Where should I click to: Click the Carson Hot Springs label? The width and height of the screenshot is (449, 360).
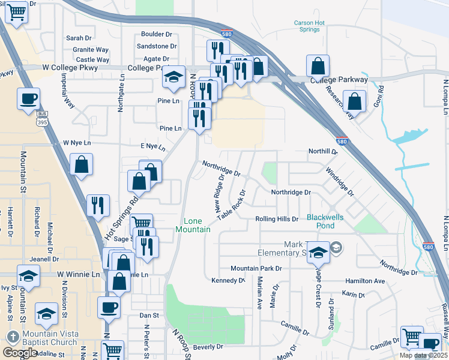[x=309, y=26]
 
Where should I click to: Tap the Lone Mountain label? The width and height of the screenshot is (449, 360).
[x=193, y=225]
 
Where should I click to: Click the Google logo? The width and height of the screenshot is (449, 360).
[x=20, y=352]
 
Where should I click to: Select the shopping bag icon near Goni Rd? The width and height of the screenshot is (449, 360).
[x=355, y=103]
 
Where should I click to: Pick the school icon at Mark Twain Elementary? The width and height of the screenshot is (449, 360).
[x=319, y=253]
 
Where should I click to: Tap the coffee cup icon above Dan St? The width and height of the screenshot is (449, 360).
[x=109, y=307]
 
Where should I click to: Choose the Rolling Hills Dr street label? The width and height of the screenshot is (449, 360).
[x=277, y=219]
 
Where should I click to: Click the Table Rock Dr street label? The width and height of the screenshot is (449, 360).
[x=232, y=205]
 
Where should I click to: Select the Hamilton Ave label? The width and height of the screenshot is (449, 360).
[x=364, y=281]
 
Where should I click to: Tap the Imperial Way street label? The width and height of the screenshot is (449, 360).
[x=68, y=91]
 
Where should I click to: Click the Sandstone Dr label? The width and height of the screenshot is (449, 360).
[x=157, y=46]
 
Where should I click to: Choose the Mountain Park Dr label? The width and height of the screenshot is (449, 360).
[x=256, y=268]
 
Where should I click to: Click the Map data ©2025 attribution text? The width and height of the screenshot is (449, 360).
[x=423, y=355]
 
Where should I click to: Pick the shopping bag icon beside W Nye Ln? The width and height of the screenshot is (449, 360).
[x=81, y=164]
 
